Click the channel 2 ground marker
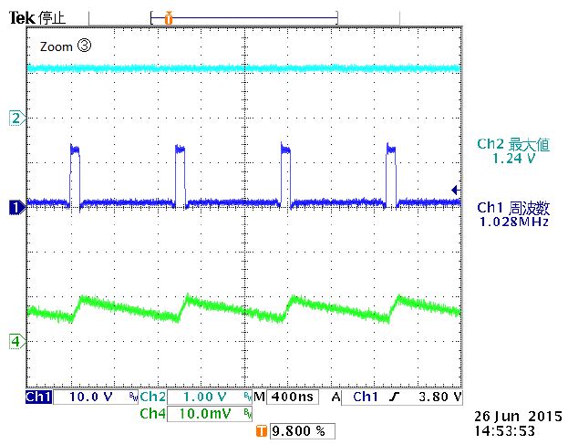click(15, 117)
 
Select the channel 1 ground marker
click(15, 208)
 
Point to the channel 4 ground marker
click(15, 341)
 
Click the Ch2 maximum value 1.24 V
click(512, 158)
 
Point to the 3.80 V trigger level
click(437, 398)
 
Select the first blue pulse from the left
click(76, 173)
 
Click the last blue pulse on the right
click(392, 173)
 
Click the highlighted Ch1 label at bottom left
click(38, 398)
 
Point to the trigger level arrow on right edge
click(455, 189)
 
